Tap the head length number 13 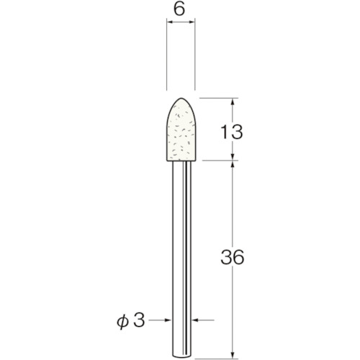232,131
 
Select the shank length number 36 232,257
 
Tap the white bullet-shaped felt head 181,133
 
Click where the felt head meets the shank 181,161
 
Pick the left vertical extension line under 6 168,58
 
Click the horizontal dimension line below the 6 181,24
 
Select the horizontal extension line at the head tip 220,98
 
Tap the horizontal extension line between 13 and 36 220,161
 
